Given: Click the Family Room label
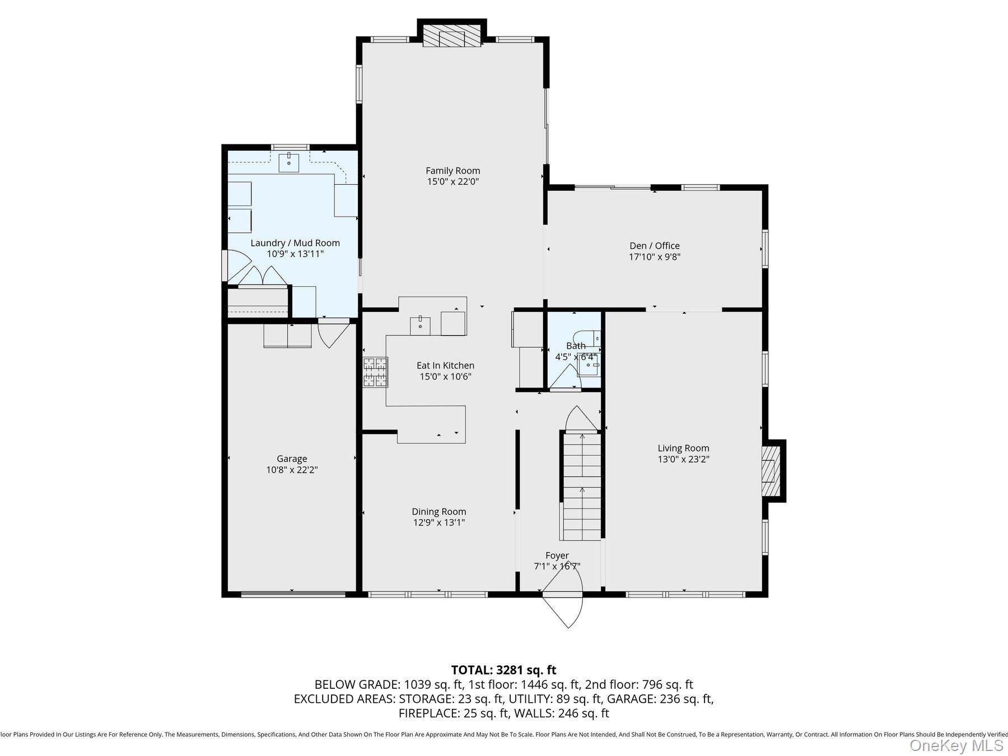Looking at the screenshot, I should point(452,171).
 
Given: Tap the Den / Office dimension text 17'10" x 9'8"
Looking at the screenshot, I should point(655,257).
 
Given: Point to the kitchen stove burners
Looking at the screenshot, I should point(375,372).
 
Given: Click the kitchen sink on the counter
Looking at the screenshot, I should point(420,325).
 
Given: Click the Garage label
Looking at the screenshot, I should point(292,459).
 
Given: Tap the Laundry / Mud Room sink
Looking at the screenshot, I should point(289,162).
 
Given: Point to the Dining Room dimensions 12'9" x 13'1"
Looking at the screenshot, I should point(439,522).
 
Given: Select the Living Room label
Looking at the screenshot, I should point(683,448).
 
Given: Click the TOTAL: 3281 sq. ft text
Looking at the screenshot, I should point(503,670).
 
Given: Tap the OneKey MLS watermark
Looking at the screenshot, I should point(956,745).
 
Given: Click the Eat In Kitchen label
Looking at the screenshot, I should point(445,366).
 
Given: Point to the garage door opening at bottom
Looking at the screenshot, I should point(293,594).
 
